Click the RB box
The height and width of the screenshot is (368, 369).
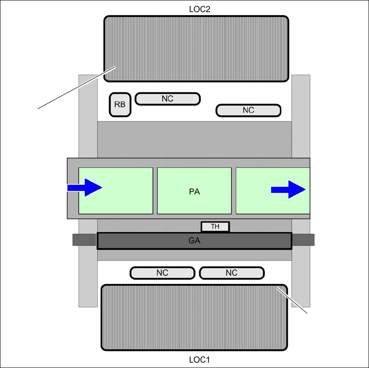[120, 105]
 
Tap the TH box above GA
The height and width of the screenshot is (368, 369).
[215, 227]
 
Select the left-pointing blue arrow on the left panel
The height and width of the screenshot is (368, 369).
[85, 187]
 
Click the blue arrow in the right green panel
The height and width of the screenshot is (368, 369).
[289, 190]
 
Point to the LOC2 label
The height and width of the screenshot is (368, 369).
[200, 9]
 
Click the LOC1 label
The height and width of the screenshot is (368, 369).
[200, 360]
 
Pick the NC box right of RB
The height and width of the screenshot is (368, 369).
[168, 99]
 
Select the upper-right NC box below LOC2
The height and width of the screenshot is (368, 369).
[248, 110]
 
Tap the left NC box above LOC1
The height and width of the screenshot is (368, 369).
[162, 273]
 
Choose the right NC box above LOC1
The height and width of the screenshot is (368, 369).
[231, 273]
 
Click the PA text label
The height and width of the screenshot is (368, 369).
[195, 191]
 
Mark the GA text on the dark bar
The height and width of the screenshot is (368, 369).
[195, 241]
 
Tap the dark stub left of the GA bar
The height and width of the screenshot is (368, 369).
[84, 240]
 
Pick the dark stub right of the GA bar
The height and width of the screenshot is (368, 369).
[303, 240]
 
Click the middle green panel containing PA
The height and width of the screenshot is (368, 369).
[194, 204]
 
